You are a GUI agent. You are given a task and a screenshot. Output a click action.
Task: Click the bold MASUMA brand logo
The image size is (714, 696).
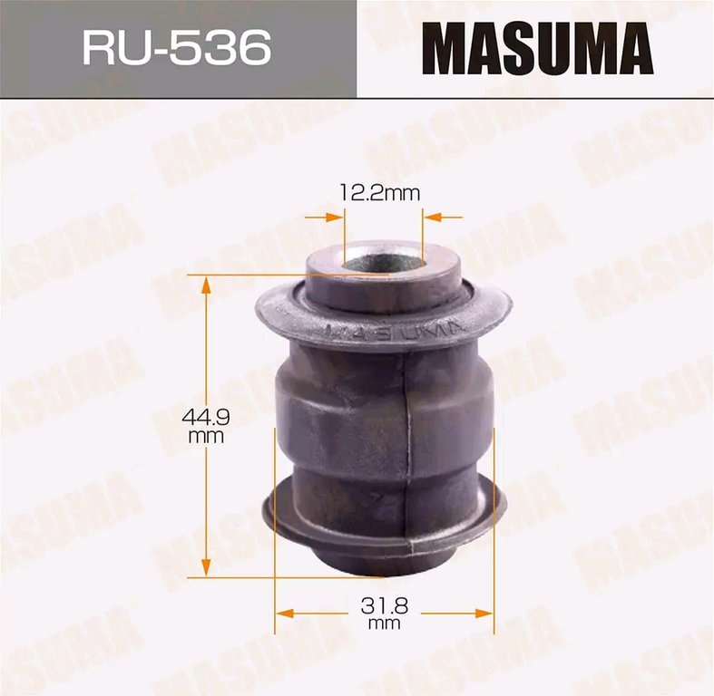538,48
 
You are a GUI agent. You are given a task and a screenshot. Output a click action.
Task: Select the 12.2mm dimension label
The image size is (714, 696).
380,193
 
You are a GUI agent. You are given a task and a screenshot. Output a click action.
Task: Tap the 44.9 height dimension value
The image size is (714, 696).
205,416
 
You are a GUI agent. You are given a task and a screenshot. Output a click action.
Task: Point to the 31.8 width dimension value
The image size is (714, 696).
385,605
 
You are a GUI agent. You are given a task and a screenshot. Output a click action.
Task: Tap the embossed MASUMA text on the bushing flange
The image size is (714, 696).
395,332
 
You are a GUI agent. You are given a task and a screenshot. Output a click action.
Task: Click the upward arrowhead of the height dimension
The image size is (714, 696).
206,285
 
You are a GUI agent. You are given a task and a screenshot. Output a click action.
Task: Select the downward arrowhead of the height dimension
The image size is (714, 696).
206,567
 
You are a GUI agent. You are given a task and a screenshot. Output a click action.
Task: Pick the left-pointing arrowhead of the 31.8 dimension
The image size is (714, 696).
286,614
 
